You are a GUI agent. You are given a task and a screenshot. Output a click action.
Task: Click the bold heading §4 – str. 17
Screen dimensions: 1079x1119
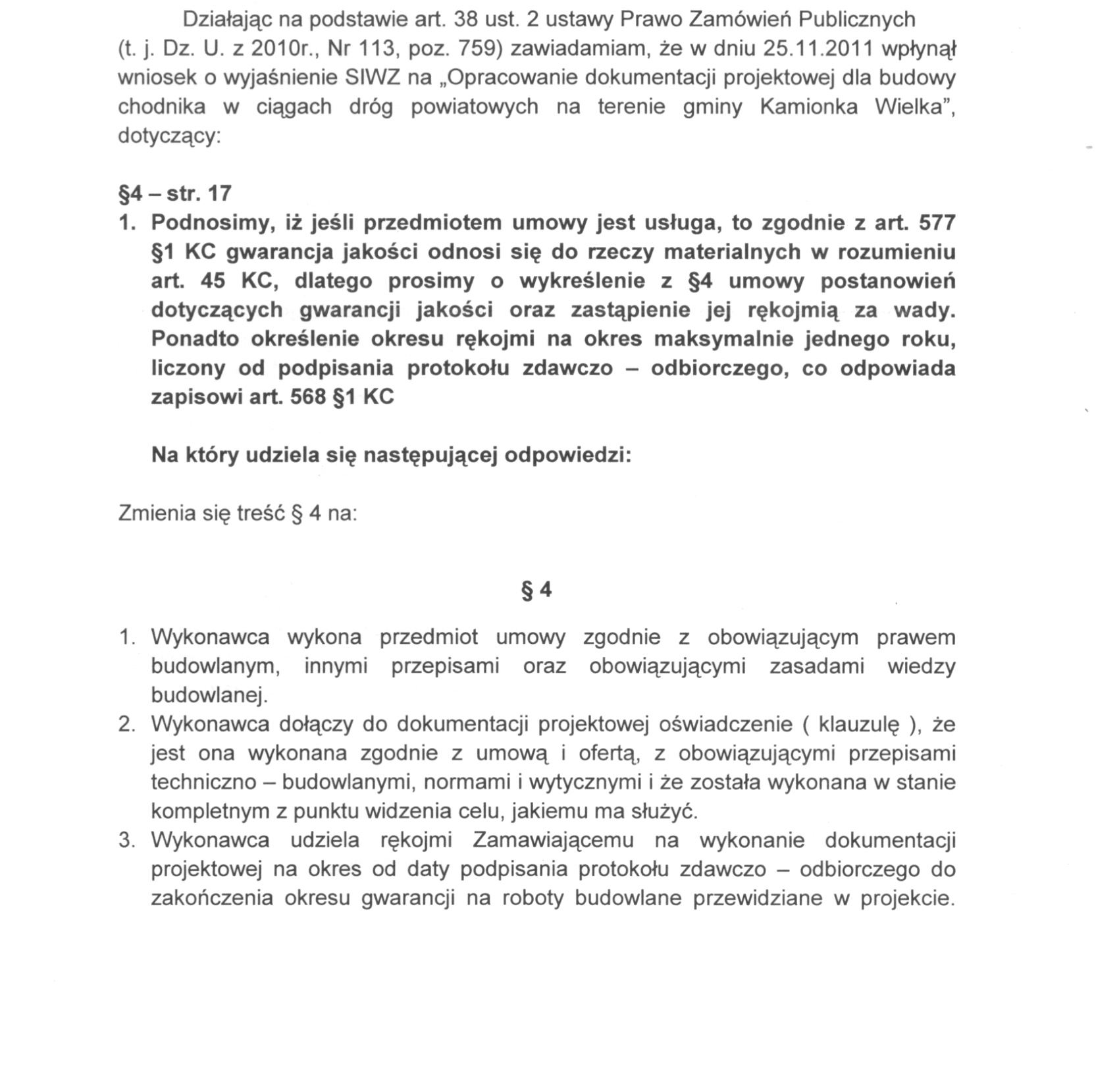click(x=174, y=194)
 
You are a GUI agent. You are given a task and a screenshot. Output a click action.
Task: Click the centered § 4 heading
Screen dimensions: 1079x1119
click(x=536, y=590)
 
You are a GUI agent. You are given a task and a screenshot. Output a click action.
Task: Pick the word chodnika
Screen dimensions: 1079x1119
click(x=161, y=107)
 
